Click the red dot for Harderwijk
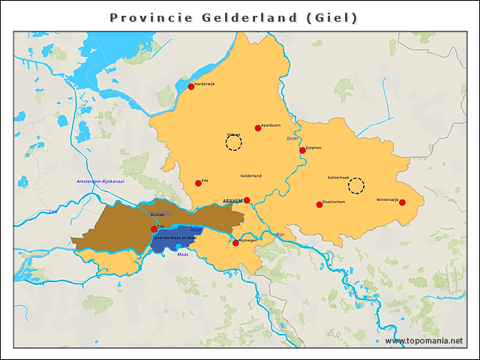(191, 86)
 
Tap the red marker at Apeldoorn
(258, 127)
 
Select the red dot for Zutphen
(302, 150)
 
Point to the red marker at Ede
(198, 183)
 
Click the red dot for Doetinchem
(319, 204)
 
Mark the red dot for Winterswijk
(402, 202)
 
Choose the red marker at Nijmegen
(235, 243)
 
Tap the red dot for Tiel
(154, 229)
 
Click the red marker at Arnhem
(247, 200)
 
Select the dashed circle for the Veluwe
(234, 142)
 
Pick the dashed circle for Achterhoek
(356, 185)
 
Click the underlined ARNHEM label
(232, 200)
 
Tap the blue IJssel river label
(292, 139)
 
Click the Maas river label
(182, 254)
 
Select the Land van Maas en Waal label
(174, 237)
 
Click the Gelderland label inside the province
(250, 175)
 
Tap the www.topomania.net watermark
(424, 341)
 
